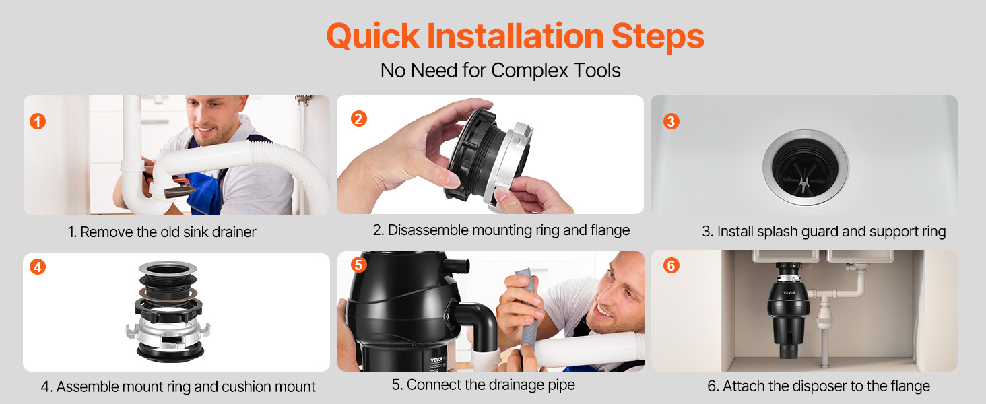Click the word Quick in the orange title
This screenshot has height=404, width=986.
coord(373,37)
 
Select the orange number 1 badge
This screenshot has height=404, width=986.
coord(38,121)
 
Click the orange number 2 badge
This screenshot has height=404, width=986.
coord(359,119)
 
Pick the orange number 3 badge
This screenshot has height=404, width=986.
coord(671,121)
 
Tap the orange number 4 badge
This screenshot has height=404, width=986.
coord(38,267)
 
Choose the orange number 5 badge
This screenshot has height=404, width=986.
coord(359,265)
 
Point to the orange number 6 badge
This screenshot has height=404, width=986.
coord(671,265)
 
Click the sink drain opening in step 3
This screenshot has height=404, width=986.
coord(806,167)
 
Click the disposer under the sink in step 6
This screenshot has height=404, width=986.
coord(789,310)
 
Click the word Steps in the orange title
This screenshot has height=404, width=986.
coord(657,37)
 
